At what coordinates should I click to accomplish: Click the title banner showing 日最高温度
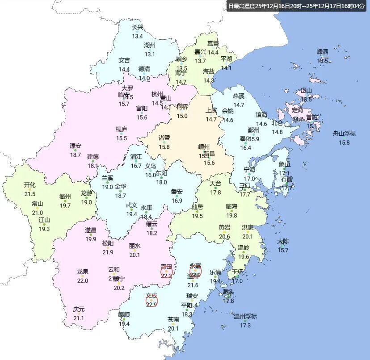(296, 6)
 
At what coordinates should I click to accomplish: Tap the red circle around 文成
(151, 301)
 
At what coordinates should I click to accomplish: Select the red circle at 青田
(167, 272)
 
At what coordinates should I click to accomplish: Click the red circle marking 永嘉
(195, 271)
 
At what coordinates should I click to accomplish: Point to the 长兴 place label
(137, 28)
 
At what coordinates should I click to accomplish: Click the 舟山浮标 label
(344, 134)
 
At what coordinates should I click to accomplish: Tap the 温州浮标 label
(245, 317)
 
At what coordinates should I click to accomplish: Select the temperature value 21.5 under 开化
(30, 194)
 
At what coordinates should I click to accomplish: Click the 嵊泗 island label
(322, 52)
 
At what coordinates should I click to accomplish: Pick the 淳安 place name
(76, 146)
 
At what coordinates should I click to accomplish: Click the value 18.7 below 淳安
(76, 155)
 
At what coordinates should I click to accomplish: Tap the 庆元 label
(79, 309)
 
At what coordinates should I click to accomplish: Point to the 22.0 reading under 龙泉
(83, 280)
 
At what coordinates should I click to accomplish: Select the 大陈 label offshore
(283, 241)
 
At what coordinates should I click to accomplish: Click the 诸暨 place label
(164, 138)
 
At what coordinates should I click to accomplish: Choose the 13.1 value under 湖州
(149, 54)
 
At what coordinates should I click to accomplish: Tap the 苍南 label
(173, 319)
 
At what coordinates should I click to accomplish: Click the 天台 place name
(215, 183)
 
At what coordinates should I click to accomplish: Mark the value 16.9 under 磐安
(177, 201)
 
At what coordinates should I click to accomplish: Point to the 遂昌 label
(91, 230)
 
